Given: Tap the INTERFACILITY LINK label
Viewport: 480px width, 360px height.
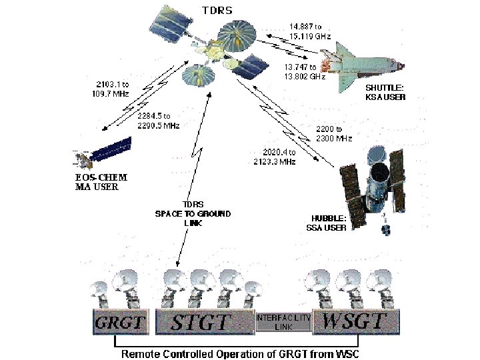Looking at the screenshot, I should [283, 322].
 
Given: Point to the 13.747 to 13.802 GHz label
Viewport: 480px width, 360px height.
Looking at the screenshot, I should [304, 71].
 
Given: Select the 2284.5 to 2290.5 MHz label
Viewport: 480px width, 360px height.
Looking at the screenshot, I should [157, 121].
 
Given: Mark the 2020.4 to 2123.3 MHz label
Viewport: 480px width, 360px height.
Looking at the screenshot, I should [275, 157].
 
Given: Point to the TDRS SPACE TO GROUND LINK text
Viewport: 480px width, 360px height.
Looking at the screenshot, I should [193, 213].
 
